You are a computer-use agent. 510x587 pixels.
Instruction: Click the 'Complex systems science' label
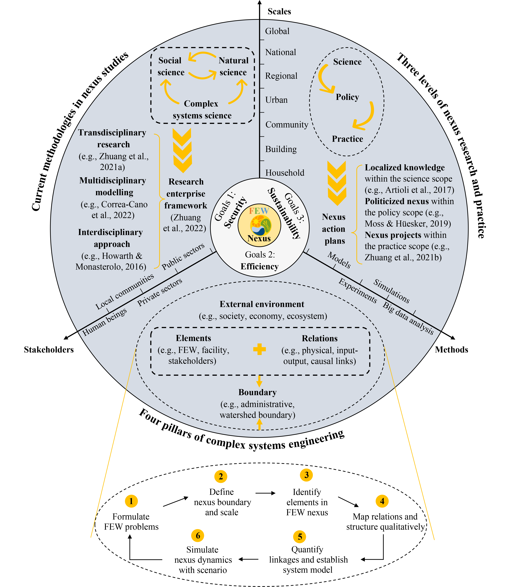pos(202,110)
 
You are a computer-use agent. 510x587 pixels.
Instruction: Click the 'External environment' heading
pos(262,304)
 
